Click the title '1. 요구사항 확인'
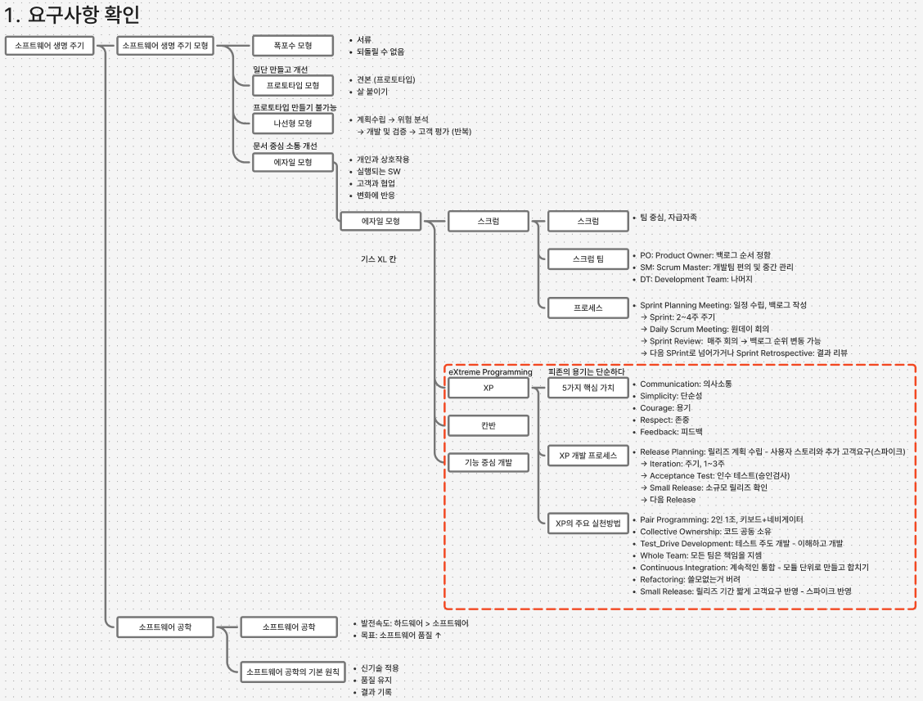(x=72, y=14)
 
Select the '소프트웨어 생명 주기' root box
(x=49, y=45)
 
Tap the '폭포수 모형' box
(x=293, y=45)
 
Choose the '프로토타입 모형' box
(x=293, y=85)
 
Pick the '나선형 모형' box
(x=293, y=124)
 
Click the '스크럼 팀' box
(x=588, y=259)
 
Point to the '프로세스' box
(x=588, y=308)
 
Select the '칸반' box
(x=488, y=425)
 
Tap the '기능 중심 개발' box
(x=488, y=463)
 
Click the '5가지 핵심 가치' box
(x=588, y=388)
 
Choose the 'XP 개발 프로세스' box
(x=588, y=456)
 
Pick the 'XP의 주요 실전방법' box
(x=588, y=524)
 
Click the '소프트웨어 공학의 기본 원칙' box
(x=293, y=672)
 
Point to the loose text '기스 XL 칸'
(x=379, y=259)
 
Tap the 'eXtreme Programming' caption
(x=490, y=372)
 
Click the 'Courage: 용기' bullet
(x=665, y=408)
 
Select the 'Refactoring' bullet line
(x=690, y=579)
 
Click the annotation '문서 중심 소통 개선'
(x=285, y=146)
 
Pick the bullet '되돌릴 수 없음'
(x=380, y=52)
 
